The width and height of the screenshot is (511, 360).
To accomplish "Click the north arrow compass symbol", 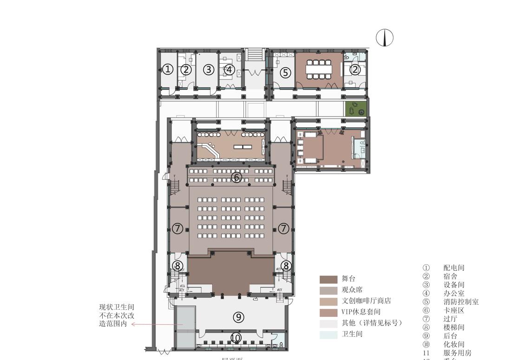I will click(385, 38).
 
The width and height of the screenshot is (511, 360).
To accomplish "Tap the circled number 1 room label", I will click(168, 70).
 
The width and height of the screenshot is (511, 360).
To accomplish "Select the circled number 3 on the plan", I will click(209, 70).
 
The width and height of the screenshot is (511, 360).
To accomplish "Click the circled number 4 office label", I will click(229, 70).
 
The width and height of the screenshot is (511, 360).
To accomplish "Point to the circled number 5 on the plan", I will click(286, 72).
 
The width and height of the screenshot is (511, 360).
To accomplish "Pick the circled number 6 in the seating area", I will click(236, 177).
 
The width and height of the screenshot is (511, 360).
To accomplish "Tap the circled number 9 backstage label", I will click(238, 317).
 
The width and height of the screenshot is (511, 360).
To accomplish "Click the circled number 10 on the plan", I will click(236, 338).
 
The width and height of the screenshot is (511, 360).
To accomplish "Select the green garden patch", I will click(356, 109).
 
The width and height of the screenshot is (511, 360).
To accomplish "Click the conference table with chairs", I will click(319, 69).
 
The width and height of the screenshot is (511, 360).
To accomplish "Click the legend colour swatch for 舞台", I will click(328, 279).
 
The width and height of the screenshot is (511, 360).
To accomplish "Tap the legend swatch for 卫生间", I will click(328, 334).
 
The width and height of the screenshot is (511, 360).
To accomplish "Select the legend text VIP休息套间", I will click(361, 312).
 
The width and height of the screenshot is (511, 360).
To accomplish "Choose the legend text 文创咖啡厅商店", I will click(366, 301).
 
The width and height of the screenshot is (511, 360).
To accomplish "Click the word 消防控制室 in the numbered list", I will click(461, 301).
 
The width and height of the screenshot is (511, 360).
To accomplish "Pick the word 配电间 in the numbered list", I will click(453, 268).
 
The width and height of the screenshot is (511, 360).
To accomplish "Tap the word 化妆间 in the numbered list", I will click(453, 344).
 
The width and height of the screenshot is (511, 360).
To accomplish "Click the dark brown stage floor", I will click(231, 274).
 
